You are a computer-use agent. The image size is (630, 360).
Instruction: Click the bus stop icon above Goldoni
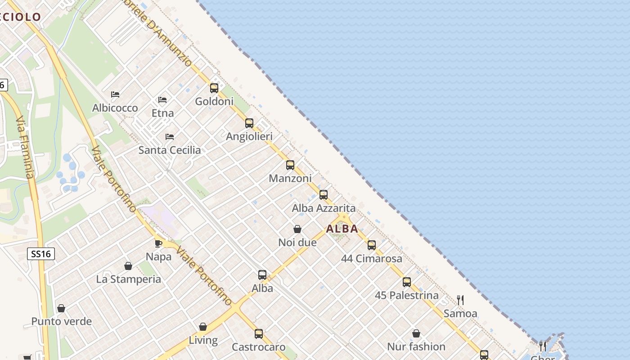pos(214,88)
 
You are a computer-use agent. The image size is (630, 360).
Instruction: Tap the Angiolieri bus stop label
pos(249,136)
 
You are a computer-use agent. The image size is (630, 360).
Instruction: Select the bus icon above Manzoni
pos(290,165)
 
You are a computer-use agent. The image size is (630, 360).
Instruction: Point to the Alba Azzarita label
pos(324,208)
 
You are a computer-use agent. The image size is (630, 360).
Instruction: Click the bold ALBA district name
pos(342,229)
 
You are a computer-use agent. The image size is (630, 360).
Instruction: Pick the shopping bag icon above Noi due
pos(297,229)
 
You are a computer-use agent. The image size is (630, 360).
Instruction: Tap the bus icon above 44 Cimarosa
pos(372,245)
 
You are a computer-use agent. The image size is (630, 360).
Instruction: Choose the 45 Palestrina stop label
pos(407,296)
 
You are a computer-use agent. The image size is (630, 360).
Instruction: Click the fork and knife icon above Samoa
pos(460,300)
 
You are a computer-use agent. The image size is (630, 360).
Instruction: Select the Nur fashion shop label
pos(416,347)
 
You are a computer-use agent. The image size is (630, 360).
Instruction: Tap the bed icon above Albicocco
pos(115,94)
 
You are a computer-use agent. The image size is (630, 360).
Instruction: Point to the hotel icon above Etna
pos(162,99)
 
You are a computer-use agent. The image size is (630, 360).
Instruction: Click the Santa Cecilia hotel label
pos(170,150)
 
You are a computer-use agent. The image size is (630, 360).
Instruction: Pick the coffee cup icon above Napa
pos(158,243)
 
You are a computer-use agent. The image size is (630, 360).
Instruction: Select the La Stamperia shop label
pos(129,279)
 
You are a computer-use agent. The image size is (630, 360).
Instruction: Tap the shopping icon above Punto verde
pos(61,308)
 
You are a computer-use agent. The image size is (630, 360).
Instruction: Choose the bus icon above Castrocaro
pos(259,334)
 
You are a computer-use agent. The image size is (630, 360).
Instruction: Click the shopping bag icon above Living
pos(203,327)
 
